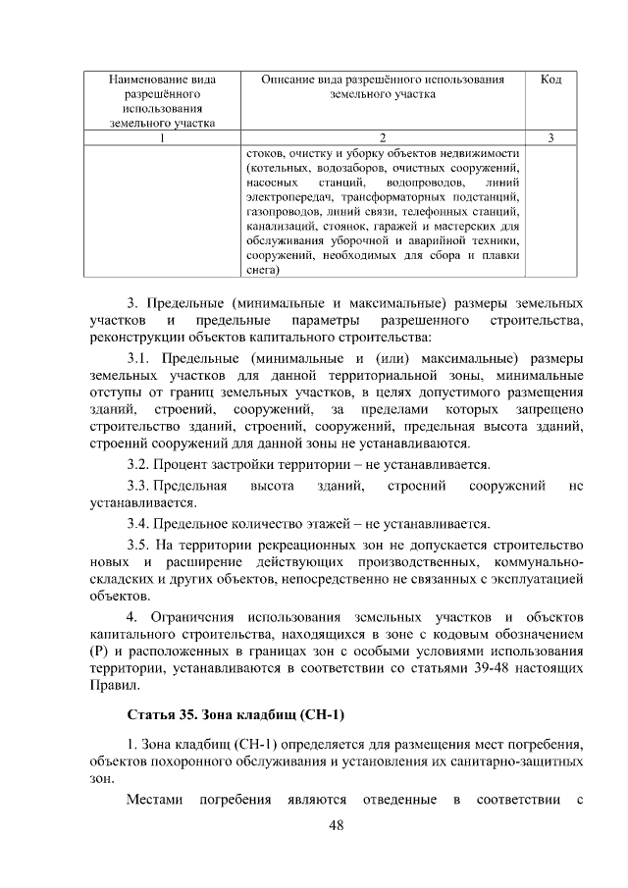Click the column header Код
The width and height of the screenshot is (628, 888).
pos(550,79)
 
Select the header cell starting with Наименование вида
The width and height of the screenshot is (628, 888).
pos(162,100)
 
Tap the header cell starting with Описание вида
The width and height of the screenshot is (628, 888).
pos(383,86)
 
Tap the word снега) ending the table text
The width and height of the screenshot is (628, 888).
pos(263,271)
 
